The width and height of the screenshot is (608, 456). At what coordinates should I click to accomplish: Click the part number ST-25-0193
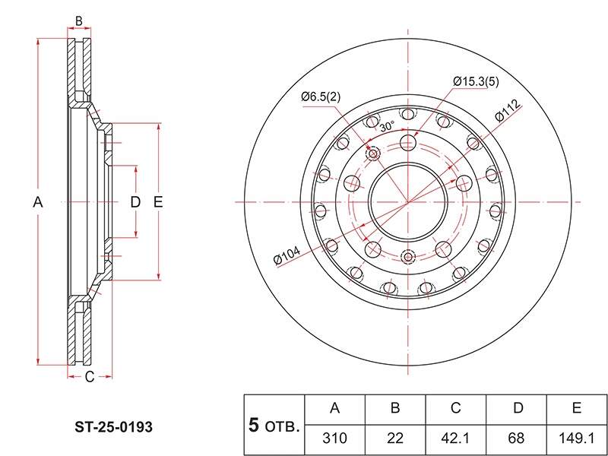point(113,427)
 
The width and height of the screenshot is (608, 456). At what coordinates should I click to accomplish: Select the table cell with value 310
point(335,439)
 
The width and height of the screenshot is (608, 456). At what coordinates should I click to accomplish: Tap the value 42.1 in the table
point(455,439)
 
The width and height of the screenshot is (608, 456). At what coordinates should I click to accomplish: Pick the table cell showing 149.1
point(577,439)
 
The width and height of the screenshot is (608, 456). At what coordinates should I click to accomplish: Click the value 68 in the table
point(516,439)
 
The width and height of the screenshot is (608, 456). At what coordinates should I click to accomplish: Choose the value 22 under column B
point(395,439)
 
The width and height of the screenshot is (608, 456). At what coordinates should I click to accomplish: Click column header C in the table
point(455,409)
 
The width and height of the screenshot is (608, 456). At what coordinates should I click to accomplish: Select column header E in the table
point(577,409)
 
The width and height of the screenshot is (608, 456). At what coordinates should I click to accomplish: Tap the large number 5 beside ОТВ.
point(253,425)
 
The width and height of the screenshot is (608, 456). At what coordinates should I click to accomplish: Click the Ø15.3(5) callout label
point(476,82)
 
